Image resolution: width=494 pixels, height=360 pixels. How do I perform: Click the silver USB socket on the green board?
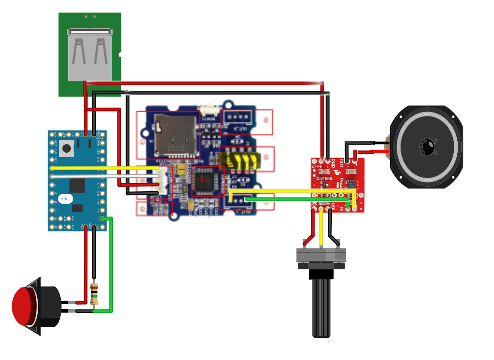click(90, 54)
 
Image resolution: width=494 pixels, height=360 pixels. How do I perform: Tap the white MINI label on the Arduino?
click(65, 199)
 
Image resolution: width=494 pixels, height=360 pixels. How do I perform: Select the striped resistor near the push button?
click(93, 294)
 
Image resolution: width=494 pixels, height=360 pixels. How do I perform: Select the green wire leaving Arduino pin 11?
click(111, 266)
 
